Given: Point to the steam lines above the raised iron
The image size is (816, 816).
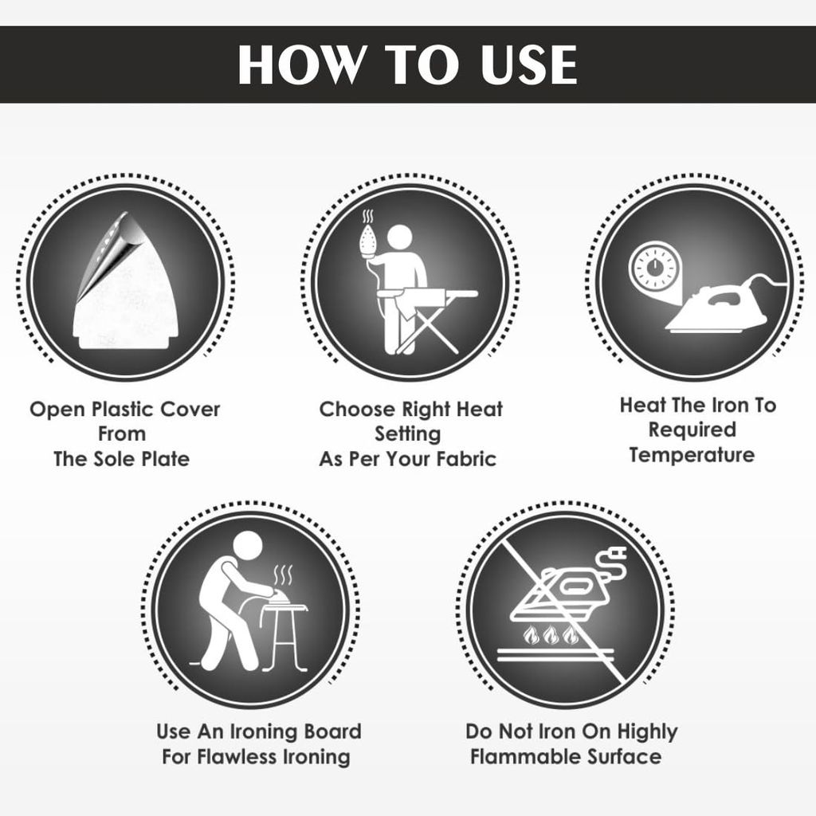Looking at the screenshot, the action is point(367,217).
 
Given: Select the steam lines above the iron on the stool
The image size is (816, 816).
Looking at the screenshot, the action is point(283,575).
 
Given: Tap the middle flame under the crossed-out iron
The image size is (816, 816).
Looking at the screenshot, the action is point(551,635).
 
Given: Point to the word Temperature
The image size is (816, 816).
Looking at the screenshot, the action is point(692,455).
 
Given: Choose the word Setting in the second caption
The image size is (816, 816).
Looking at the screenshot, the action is point(408,434).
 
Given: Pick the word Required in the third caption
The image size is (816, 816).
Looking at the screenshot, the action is point(692,430).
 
